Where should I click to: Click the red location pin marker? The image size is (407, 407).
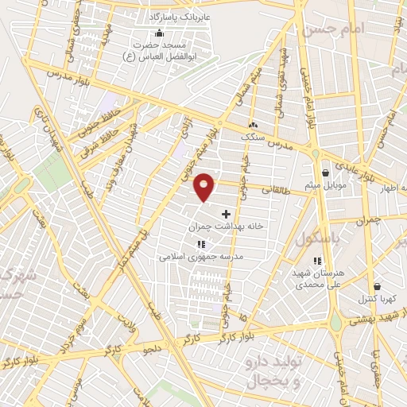coord(205,186)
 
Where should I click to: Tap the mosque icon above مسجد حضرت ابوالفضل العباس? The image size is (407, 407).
coord(159,33)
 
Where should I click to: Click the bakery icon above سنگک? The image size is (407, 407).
coord(254,125)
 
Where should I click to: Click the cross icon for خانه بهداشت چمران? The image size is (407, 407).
coord(227,214)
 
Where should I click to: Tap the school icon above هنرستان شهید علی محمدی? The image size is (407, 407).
coord(318,260)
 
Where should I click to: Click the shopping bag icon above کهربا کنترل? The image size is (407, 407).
coord(377,286)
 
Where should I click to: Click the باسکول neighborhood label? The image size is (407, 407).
coord(318,238)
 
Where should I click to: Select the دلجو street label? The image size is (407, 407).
coord(153,347)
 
